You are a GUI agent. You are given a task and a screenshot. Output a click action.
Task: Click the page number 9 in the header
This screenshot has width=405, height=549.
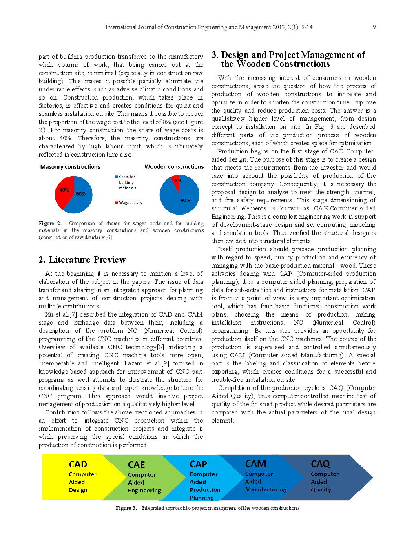374,27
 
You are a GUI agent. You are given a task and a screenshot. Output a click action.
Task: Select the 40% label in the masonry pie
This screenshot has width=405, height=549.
64,190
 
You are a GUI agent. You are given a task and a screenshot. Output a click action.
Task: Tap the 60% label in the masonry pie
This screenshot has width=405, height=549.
81,194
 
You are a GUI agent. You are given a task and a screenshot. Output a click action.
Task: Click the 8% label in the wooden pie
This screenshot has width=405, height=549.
178,180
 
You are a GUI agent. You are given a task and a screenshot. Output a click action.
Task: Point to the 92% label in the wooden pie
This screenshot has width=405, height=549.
186,200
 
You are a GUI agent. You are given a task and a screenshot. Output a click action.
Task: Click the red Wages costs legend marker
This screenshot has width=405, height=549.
116,203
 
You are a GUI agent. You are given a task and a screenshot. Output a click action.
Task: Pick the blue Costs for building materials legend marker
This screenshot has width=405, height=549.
116,177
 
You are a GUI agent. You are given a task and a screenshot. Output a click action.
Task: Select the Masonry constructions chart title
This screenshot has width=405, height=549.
70,167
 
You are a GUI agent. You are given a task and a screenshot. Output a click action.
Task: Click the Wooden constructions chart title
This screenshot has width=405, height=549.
174,167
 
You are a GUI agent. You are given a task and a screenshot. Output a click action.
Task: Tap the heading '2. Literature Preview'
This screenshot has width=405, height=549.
82,260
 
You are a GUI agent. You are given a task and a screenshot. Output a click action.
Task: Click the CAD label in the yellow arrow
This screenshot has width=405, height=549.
78,465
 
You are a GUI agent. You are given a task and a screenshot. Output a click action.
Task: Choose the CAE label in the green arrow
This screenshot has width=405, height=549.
136,465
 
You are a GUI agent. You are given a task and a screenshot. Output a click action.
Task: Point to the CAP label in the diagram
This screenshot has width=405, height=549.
198,464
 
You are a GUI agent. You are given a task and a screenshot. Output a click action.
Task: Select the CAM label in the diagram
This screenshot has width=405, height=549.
255,464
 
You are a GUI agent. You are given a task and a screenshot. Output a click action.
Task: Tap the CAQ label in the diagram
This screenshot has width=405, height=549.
320,464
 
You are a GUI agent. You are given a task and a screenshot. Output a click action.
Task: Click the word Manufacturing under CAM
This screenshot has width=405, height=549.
266,489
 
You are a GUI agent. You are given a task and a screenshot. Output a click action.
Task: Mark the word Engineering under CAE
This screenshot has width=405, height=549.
144,491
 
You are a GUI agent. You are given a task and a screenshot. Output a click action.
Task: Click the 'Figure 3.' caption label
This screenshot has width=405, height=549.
126,508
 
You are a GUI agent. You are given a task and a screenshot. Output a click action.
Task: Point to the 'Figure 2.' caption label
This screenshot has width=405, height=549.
50,224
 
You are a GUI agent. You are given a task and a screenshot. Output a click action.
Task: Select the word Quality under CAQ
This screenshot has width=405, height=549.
321,490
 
